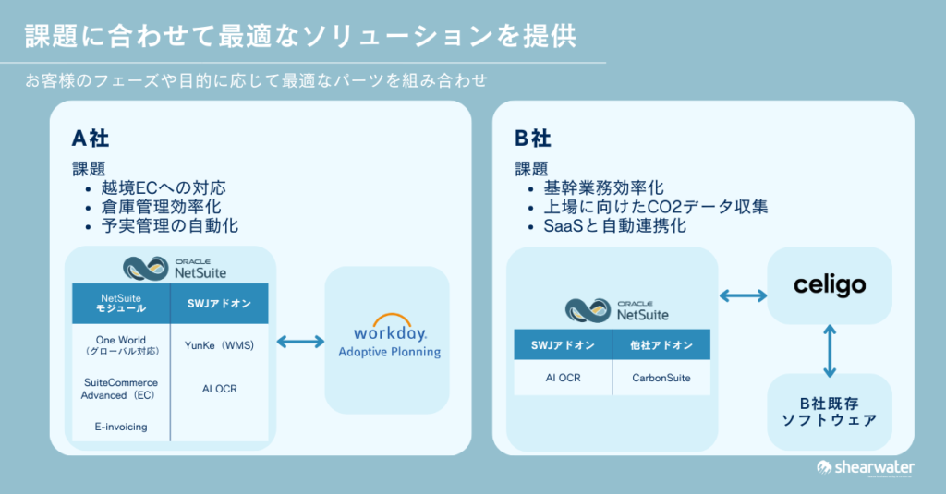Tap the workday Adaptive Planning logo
pyautogui.click(x=390, y=336)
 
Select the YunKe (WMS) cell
pyautogui.click(x=219, y=345)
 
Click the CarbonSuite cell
pyautogui.click(x=661, y=378)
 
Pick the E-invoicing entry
pyautogui.click(x=121, y=427)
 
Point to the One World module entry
pyautogui.click(x=121, y=345)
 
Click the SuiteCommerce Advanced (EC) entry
pyautogui.click(x=120, y=389)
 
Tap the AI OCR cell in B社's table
pyautogui.click(x=563, y=378)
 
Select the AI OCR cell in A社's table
pyautogui.click(x=220, y=389)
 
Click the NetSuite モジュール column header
pyautogui.click(x=121, y=303)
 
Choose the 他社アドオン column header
pyautogui.click(x=661, y=345)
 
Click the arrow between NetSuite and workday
pyautogui.click(x=300, y=342)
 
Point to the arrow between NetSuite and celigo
pyautogui.click(x=744, y=295)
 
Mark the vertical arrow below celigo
pyautogui.click(x=830, y=351)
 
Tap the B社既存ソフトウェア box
pyautogui.click(x=830, y=412)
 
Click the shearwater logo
pyautogui.click(x=865, y=467)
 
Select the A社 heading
pyautogui.click(x=91, y=139)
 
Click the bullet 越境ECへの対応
pyautogui.click(x=164, y=187)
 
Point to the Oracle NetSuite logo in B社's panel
pyautogui.click(x=616, y=310)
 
